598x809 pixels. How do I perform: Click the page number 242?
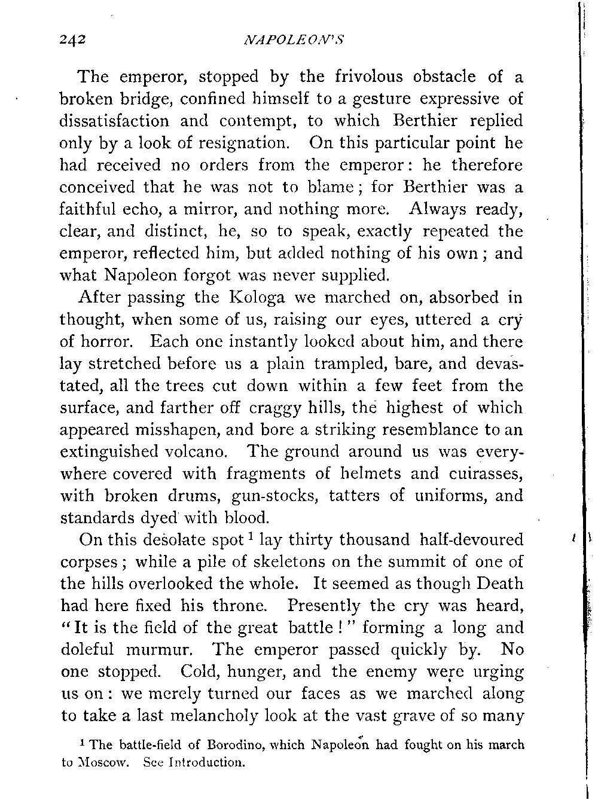pos(73,40)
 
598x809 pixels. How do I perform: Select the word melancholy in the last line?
pos(244,716)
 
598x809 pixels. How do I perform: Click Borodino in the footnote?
pos(233,746)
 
